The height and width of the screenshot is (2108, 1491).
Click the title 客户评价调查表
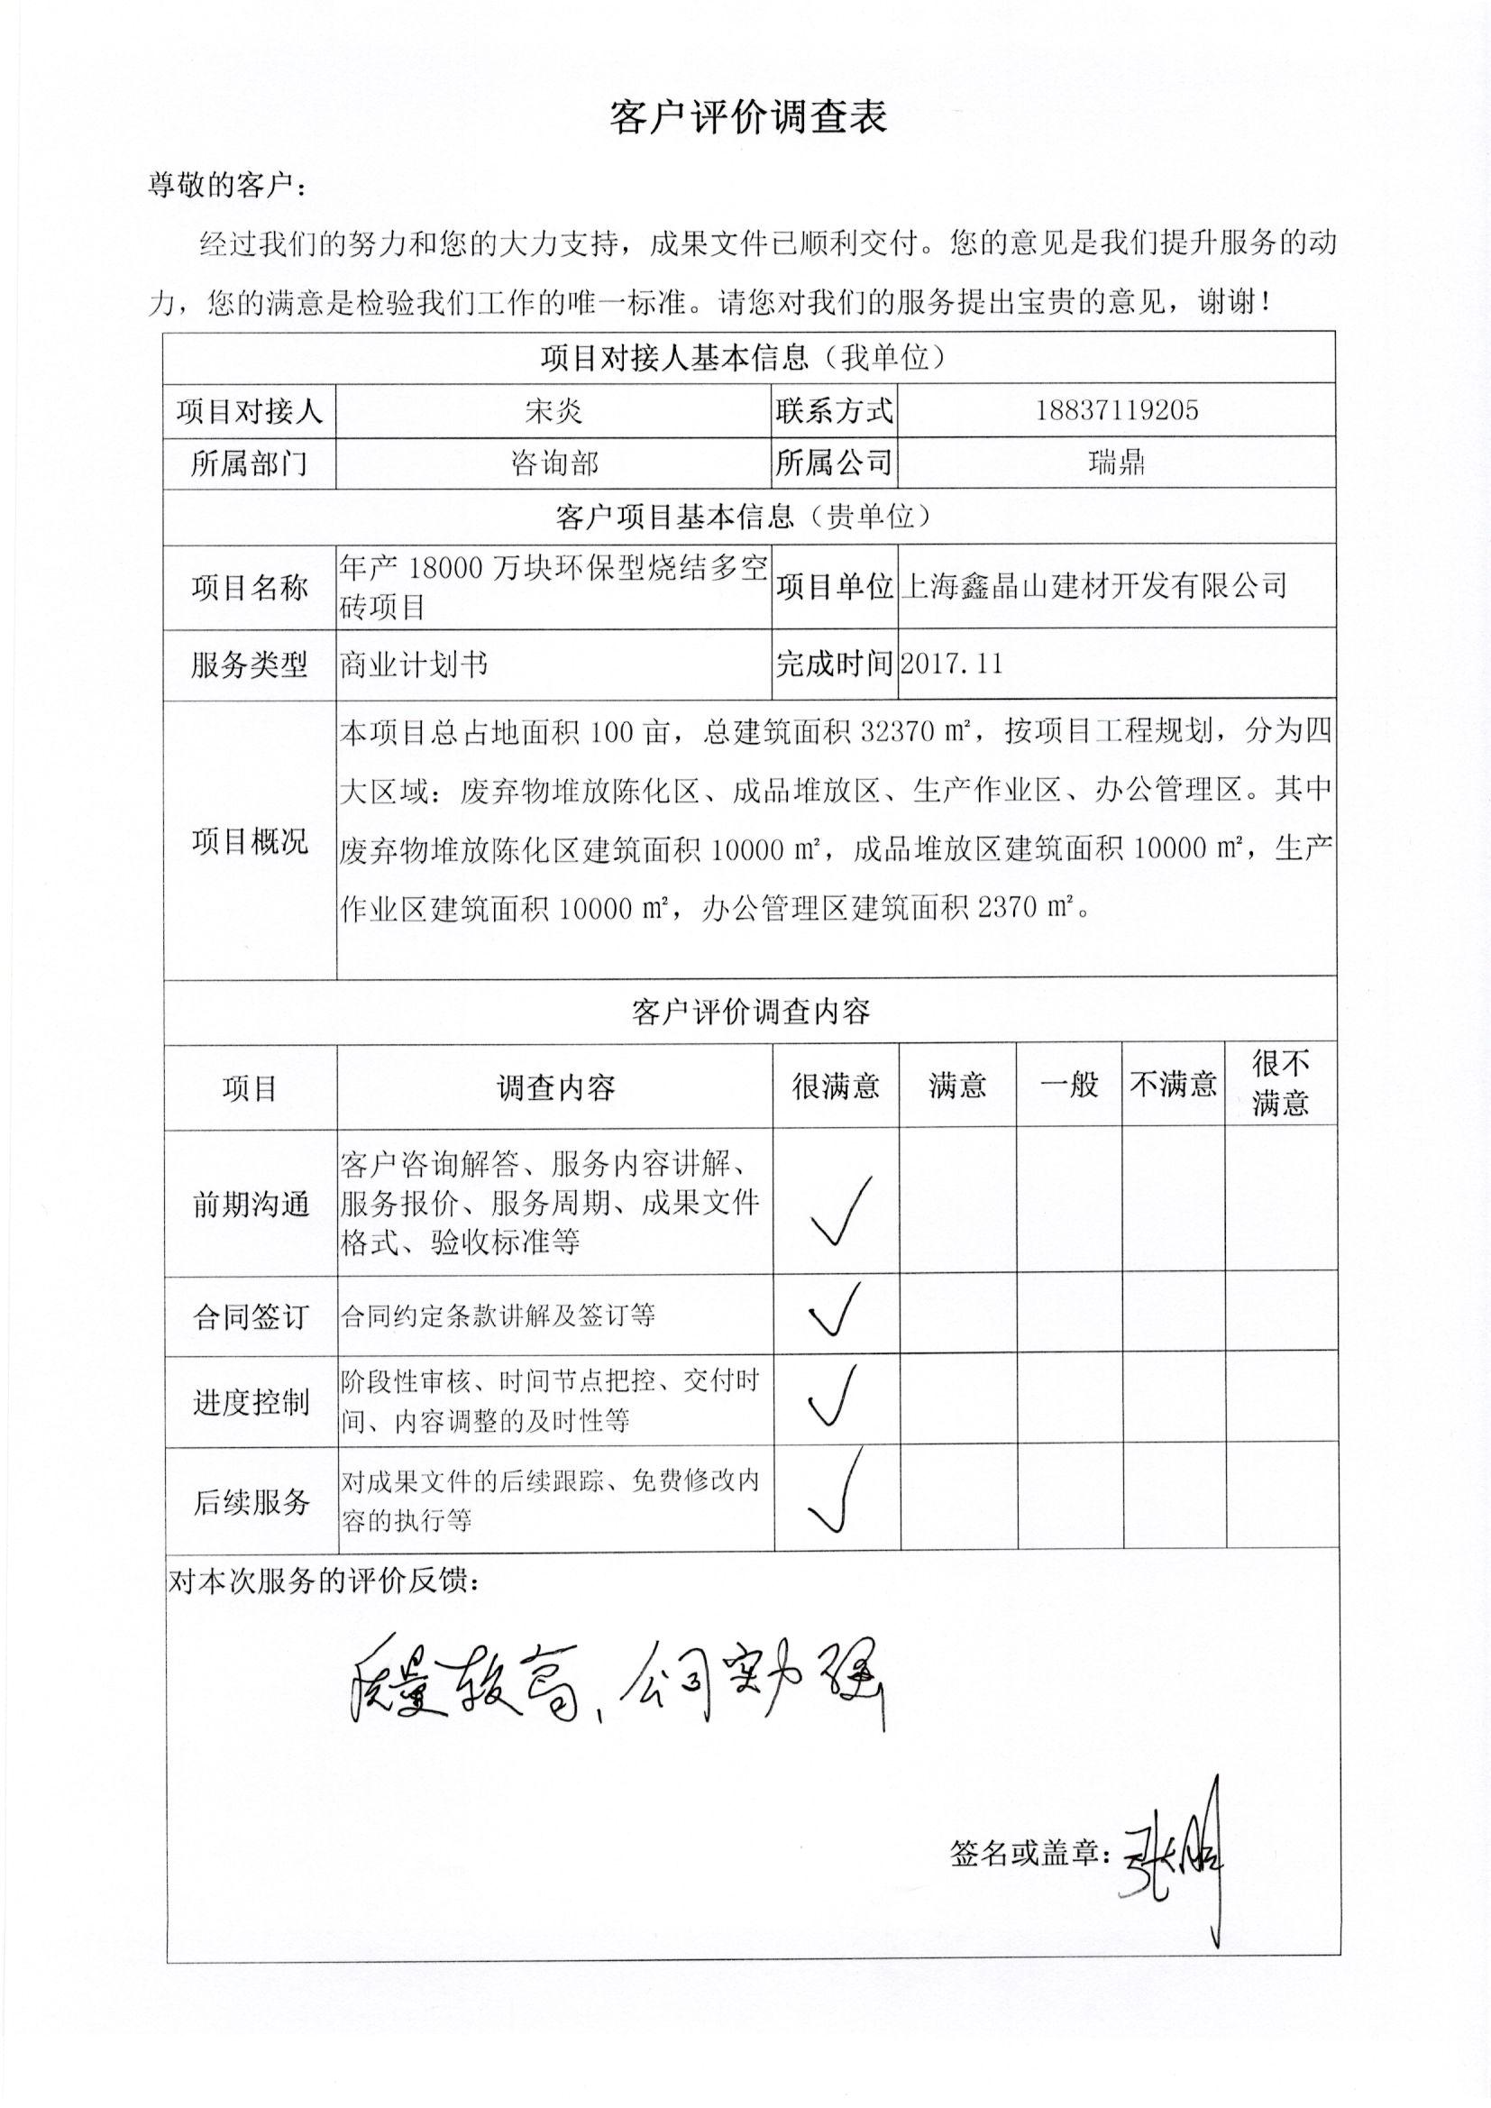coord(748,117)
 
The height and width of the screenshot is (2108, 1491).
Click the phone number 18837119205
coord(1116,409)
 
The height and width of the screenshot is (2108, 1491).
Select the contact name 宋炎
coord(553,410)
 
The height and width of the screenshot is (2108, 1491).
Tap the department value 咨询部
coord(553,463)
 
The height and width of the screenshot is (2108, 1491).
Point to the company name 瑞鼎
coord(1116,463)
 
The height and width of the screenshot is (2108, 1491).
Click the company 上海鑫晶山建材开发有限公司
coord(1093,586)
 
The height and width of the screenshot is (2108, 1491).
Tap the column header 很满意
coord(836,1087)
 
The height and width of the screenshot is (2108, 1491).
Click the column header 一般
coord(1069,1086)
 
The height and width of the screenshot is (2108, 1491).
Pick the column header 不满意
coord(1174,1086)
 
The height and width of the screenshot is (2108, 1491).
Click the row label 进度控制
coord(250,1403)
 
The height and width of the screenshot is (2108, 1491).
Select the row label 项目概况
coord(250,841)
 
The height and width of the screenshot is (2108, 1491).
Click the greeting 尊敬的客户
coord(226,187)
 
